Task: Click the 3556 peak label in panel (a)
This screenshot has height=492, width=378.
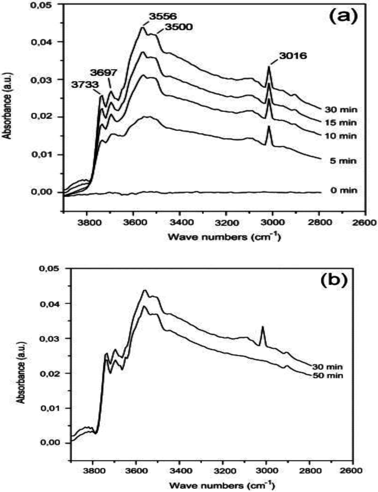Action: [x=163, y=16]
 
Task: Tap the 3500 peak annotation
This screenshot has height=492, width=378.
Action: [x=178, y=27]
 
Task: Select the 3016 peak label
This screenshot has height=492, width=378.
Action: [x=293, y=56]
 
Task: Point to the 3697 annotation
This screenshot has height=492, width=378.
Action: [x=105, y=72]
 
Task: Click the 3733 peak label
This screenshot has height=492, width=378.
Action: [x=85, y=84]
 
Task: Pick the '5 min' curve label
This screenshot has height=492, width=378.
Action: [x=343, y=161]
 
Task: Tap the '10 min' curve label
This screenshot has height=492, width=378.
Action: [x=341, y=136]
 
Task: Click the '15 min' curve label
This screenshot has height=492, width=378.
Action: [x=341, y=122]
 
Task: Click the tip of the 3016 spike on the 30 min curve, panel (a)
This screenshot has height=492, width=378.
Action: [x=269, y=67]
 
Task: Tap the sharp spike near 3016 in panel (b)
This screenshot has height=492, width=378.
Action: [x=262, y=327]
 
